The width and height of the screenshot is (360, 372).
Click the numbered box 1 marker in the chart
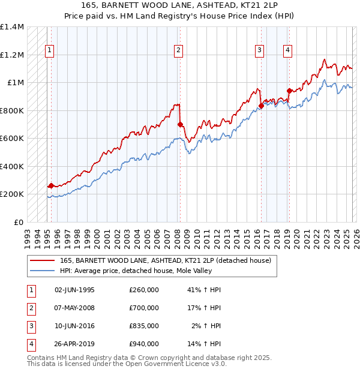pos(49,51)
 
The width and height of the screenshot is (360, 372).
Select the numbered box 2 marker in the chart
pos(179,51)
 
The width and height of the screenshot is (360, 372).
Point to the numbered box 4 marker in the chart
pos(288,51)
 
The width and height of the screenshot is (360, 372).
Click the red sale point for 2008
pos(180,125)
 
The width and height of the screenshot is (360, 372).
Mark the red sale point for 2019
pos(289,91)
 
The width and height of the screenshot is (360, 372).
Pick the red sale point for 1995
pos(51,186)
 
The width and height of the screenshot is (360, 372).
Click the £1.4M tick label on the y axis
pos(12,28)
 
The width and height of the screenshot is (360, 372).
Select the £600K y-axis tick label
pos(12,139)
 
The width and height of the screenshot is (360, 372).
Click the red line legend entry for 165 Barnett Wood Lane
pos(166,260)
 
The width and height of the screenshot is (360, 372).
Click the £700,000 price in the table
pos(144,308)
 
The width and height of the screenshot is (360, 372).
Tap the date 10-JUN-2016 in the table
pos(74,326)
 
